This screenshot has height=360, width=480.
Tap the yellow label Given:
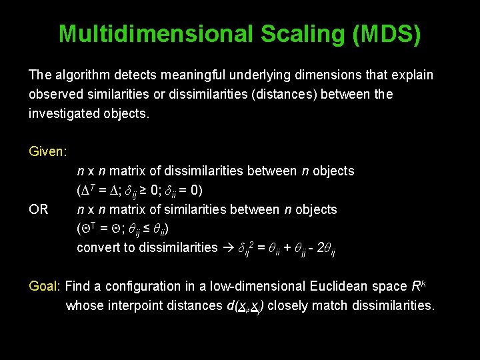click(x=47, y=151)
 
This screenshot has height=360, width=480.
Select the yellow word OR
click(x=39, y=209)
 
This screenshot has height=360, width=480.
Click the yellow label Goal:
click(x=45, y=286)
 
